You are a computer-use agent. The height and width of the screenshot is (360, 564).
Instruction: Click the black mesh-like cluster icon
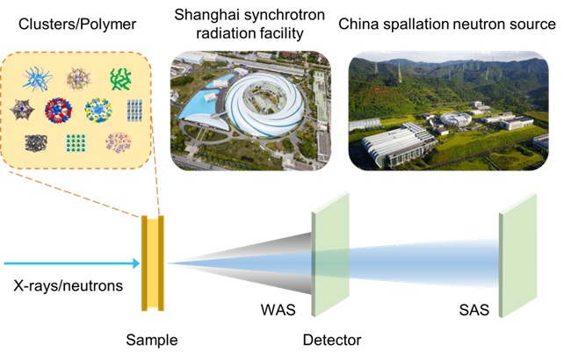click(36, 143)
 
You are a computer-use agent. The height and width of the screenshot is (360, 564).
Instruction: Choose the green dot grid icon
click(77, 142)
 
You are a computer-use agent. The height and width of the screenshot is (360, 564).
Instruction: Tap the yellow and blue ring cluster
click(99, 110)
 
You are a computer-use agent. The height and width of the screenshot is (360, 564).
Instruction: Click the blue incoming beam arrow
click(70, 263)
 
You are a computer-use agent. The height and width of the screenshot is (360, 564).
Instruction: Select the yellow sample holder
click(153, 263)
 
